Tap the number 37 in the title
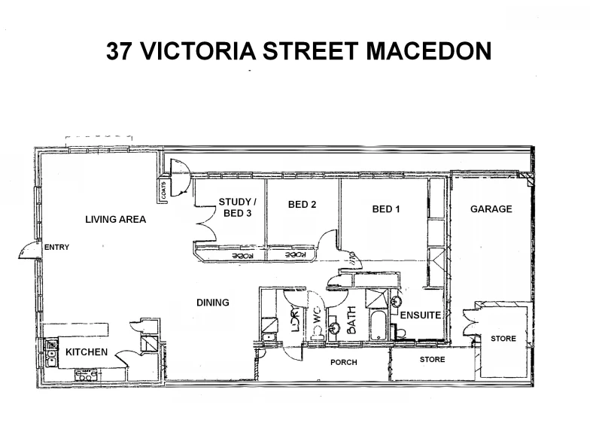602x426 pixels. pos(122,50)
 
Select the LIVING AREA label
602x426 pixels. pos(115,220)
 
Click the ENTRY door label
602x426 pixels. pos(56,247)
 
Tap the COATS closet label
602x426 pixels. pos(163,191)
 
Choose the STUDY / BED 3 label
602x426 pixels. pos(237,207)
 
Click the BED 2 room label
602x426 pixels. pos(301,205)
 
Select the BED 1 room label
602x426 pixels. pos(385,209)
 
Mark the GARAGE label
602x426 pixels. pos(491,209)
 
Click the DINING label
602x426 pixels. pos(212,303)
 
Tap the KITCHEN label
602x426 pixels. pos(87,352)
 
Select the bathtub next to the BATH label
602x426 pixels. pos(377,325)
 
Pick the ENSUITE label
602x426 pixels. pos(419,315)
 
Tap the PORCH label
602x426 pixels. pos(344,362)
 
